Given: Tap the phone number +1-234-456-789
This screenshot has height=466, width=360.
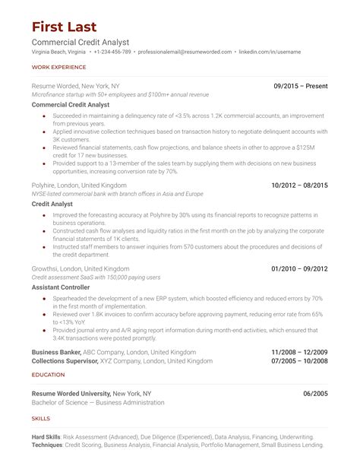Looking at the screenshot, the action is tap(112, 52).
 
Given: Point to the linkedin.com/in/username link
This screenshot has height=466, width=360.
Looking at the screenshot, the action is tap(270, 52).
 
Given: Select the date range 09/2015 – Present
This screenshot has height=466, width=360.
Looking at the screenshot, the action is tap(301, 87).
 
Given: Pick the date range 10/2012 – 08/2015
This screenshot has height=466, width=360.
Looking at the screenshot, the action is tap(300, 185).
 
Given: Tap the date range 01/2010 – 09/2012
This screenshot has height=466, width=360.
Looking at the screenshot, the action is tap(300, 269).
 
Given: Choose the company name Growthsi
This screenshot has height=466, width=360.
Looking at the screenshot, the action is tap(46, 269).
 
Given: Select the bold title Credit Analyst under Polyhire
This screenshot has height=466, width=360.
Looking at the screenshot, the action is tap(51, 204).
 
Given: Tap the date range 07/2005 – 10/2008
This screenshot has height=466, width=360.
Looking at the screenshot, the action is tap(300, 362).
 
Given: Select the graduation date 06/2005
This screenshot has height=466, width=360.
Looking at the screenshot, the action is tap(315, 393).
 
